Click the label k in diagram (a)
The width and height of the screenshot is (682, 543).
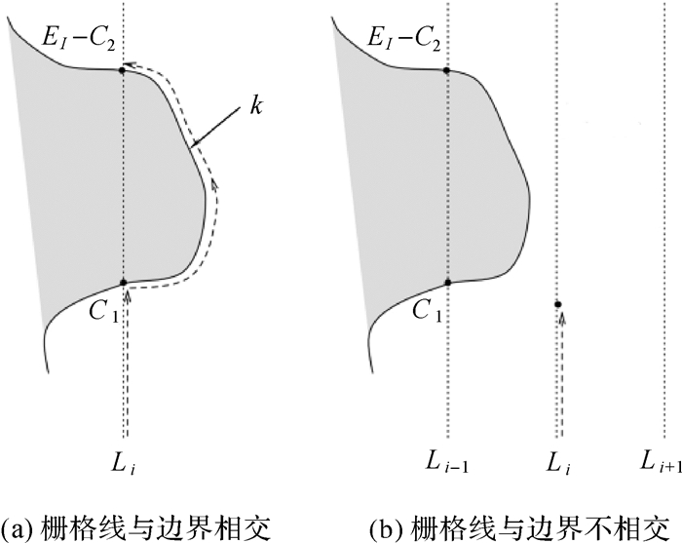255,106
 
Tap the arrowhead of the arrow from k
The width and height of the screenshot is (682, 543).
195,147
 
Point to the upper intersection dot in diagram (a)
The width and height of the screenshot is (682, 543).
122,69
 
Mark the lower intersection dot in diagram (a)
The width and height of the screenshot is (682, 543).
123,283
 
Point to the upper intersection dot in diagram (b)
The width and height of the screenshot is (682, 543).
447,69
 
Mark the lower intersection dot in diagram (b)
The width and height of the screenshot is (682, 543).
447,283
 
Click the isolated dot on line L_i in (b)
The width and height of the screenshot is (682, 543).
557,304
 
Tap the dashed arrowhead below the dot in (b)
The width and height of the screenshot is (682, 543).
560,317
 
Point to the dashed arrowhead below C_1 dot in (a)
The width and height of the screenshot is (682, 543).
127,295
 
